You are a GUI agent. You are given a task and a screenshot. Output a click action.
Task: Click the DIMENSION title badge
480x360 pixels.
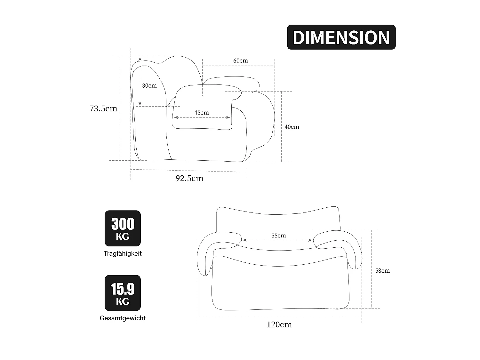click(x=341, y=37)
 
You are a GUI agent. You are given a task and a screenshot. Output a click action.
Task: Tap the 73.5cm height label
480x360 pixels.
click(x=103, y=108)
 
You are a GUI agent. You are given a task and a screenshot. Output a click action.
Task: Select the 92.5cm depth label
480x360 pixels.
click(x=189, y=178)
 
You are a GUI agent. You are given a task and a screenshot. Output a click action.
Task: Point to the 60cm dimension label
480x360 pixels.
click(x=241, y=60)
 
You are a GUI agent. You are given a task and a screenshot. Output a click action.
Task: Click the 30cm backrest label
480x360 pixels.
click(x=149, y=85)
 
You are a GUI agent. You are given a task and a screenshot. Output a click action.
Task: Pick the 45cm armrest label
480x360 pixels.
click(x=201, y=113)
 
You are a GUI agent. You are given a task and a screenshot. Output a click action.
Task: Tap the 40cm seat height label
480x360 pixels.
click(x=292, y=127)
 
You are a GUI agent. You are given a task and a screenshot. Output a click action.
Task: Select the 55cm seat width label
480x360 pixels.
click(x=279, y=236)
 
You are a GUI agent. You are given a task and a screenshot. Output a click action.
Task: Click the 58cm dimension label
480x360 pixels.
click(x=382, y=271)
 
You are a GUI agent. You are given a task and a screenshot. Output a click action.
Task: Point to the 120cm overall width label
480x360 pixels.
click(x=279, y=324)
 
